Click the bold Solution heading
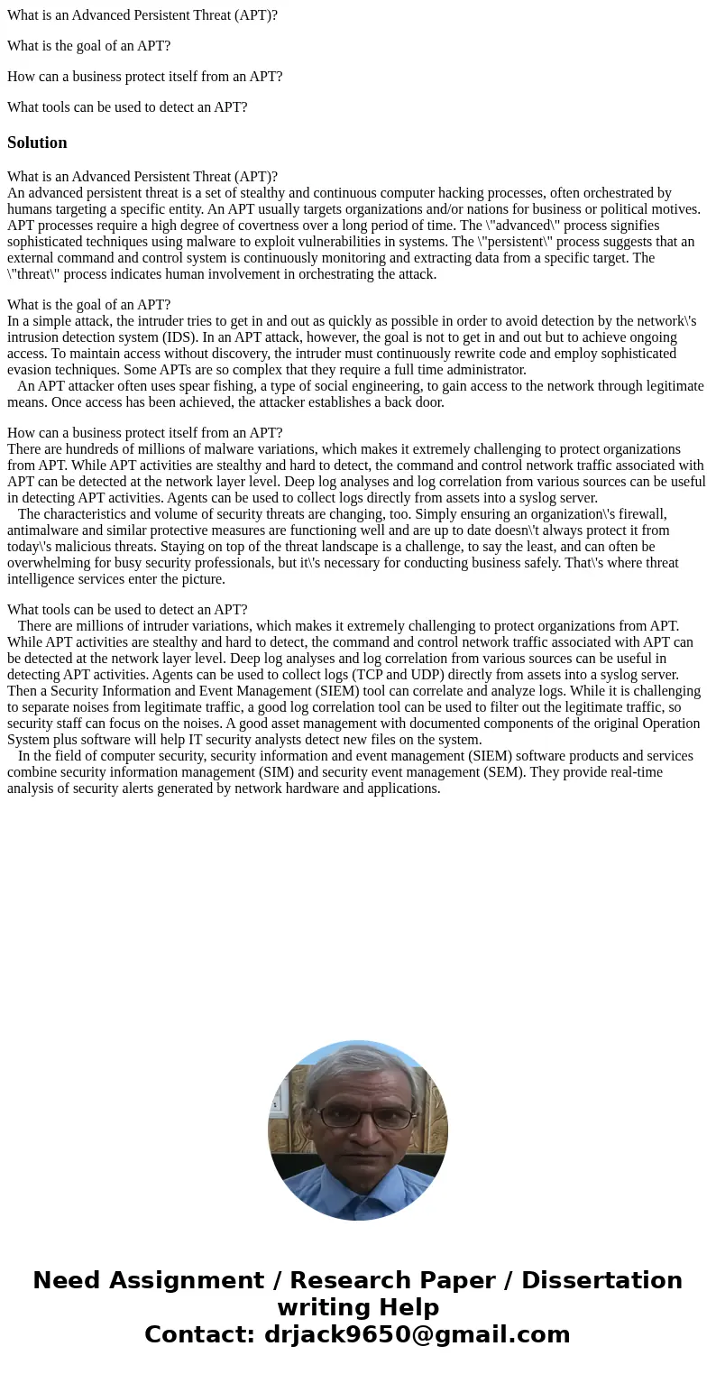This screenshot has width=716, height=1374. click(x=37, y=143)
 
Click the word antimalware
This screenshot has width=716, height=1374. click(x=43, y=530)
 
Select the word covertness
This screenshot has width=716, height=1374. click(x=233, y=226)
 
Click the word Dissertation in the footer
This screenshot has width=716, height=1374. click(x=601, y=1281)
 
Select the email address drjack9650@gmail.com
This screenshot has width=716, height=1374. click(x=417, y=1335)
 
